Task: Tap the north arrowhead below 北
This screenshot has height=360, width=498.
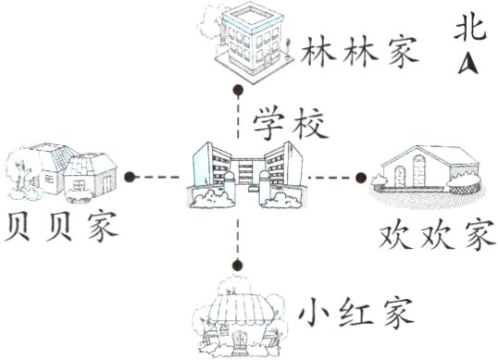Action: [468, 64]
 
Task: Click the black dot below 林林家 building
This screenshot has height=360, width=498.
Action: [240, 90]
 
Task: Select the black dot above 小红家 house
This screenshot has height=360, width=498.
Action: [240, 266]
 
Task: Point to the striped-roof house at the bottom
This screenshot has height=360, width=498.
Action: [243, 319]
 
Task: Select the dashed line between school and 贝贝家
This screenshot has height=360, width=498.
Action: [161, 176]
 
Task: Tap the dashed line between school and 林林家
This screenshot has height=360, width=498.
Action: [240, 118]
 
